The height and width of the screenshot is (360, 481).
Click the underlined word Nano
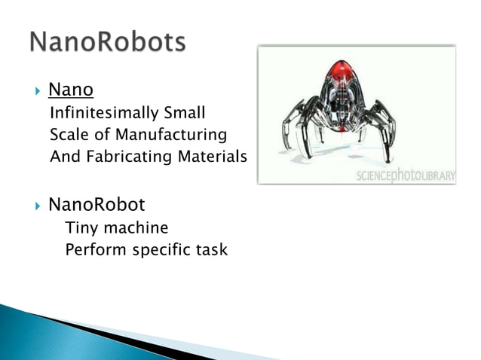(70, 91)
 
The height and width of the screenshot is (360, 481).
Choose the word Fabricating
(125, 157)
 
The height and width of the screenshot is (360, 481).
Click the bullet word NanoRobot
(97, 205)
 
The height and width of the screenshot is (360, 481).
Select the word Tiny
(80, 227)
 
